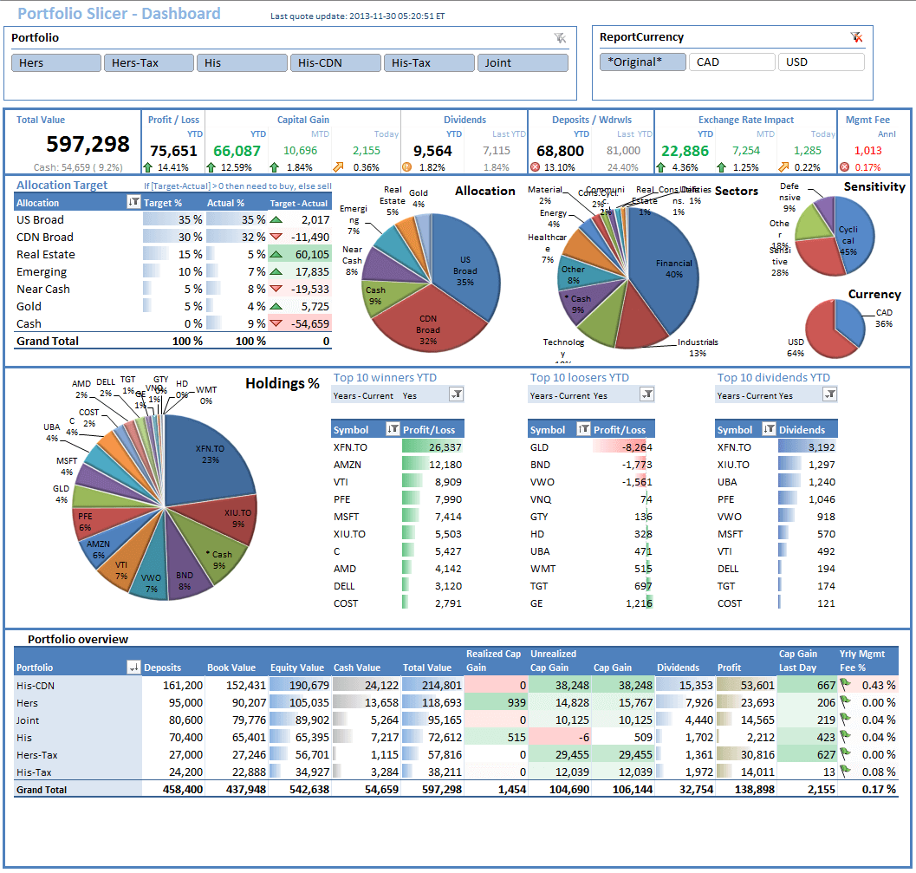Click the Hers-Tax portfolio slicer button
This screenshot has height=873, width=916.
click(x=148, y=63)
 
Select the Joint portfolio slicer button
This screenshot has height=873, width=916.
click(x=523, y=63)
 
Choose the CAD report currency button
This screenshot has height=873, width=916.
click(x=731, y=62)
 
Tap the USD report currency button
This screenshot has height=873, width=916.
click(x=821, y=62)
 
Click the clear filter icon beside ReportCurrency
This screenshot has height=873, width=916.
click(x=856, y=37)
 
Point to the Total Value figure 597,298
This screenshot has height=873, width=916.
click(x=88, y=144)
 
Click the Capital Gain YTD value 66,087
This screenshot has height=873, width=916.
click(x=237, y=151)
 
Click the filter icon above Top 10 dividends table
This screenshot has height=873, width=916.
click(x=829, y=394)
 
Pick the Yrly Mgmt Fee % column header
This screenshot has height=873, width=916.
click(x=861, y=661)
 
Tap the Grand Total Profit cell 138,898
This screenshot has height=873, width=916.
click(x=745, y=790)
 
